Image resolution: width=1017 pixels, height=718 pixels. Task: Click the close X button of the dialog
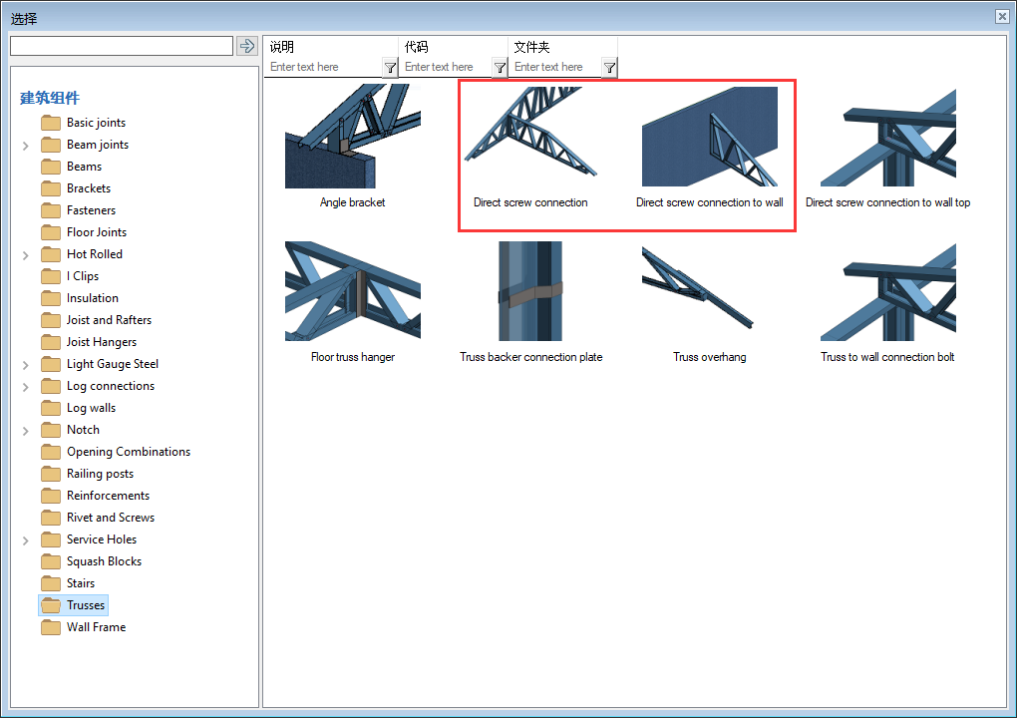1002,16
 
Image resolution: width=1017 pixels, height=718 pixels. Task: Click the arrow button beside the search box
247,46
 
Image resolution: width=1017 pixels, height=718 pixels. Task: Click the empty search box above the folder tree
122,46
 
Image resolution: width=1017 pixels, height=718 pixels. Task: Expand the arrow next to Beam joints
25,146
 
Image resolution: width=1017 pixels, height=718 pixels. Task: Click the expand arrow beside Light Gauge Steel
25,365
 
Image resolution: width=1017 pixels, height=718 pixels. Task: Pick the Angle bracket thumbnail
352,137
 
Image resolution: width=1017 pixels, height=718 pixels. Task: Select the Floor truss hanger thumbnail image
352,290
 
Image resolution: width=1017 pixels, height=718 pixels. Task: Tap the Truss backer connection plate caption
531,357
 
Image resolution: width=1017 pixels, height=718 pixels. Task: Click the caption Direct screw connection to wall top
888,202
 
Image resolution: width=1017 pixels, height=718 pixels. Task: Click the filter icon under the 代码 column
500,68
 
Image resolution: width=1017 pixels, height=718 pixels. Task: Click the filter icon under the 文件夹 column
609,68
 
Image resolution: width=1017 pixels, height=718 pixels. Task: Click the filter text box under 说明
324,67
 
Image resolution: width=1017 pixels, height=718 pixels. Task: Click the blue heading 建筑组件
49,98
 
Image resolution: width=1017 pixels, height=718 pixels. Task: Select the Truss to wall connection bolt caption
887,357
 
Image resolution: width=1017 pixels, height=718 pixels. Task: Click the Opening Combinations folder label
129,452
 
